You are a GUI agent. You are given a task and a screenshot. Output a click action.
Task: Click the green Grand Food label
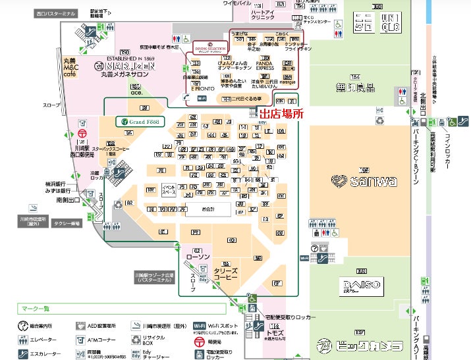[140, 121]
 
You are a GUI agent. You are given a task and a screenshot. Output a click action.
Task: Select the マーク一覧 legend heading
[36, 308]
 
